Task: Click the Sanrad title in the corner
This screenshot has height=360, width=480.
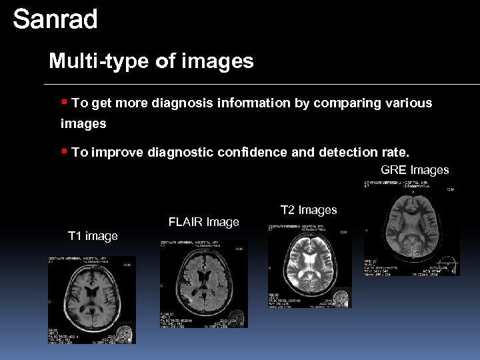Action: [x=55, y=19]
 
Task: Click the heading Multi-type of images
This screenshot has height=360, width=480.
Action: [x=151, y=61]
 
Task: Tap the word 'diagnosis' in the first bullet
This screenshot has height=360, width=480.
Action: [x=183, y=103]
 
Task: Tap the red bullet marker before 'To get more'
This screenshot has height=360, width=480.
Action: [x=65, y=102]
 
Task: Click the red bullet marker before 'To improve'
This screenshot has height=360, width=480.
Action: [x=65, y=151]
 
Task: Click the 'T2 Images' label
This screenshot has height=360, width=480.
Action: [x=309, y=210]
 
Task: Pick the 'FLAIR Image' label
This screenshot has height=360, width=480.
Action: [x=203, y=222]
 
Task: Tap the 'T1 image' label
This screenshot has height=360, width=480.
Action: [x=93, y=236]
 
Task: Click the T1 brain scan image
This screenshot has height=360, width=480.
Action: [x=91, y=300]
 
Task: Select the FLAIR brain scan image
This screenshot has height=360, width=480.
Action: [x=203, y=283]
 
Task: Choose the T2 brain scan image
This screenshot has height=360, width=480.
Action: [x=309, y=265]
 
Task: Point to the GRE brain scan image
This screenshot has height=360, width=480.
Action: [x=411, y=228]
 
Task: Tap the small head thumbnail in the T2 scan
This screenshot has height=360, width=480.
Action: [x=342, y=296]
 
